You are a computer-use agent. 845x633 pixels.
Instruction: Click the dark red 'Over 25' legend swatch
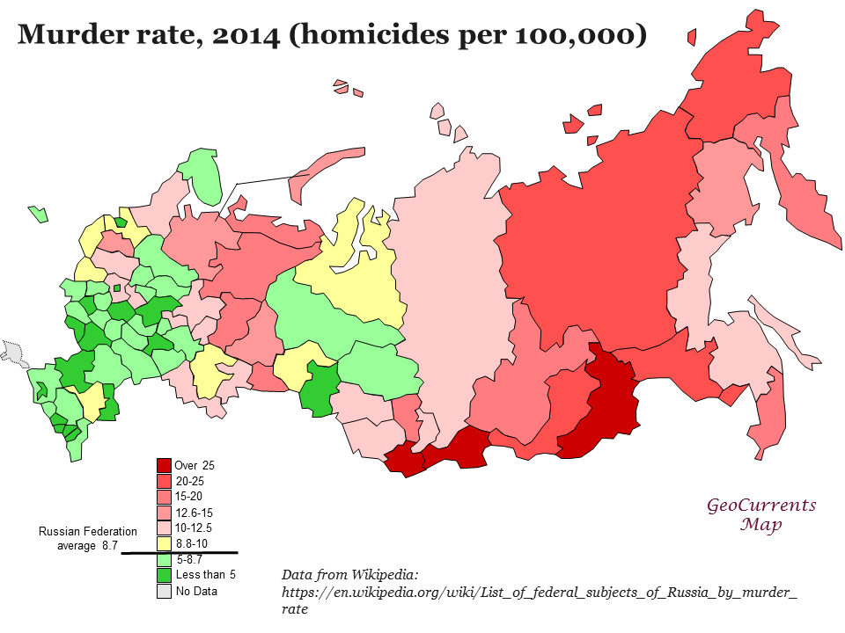tap(164, 465)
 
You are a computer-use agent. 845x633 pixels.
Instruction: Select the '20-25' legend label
tap(189, 481)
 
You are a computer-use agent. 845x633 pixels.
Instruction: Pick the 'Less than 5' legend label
tap(205, 575)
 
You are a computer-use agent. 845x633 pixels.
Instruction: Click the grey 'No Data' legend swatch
tap(164, 591)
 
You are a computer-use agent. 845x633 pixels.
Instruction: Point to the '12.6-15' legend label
tap(193, 513)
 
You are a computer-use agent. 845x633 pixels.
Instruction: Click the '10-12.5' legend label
tap(193, 528)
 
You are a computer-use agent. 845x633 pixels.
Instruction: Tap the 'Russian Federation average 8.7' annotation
tap(87, 538)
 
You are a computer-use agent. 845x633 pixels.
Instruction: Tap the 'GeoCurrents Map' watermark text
tap(761, 515)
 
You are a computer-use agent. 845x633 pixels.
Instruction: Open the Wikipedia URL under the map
tap(539, 593)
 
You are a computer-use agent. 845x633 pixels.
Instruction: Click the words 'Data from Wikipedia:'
tap(349, 574)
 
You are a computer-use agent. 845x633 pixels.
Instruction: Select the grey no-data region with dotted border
tap(14, 352)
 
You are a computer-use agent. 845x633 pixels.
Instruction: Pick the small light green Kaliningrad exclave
tap(38, 213)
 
